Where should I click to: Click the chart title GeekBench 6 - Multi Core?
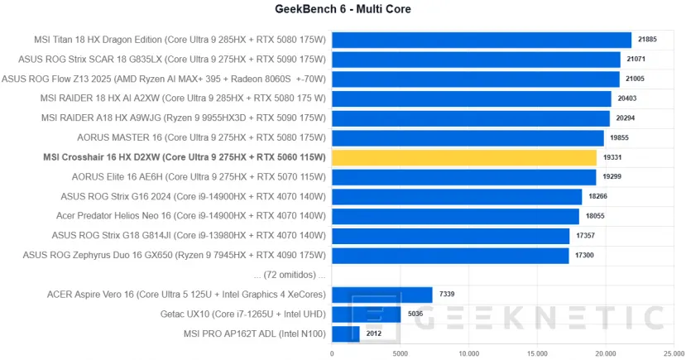(343, 9)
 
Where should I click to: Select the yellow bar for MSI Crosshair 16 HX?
(463, 157)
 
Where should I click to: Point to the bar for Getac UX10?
(366, 314)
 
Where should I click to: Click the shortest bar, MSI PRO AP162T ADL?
(345, 334)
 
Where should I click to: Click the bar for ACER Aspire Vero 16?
(381, 295)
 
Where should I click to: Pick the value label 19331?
(613, 157)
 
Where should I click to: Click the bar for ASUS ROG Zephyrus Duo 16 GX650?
(450, 256)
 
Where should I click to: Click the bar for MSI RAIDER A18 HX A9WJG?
(470, 118)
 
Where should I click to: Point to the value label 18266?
(598, 197)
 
